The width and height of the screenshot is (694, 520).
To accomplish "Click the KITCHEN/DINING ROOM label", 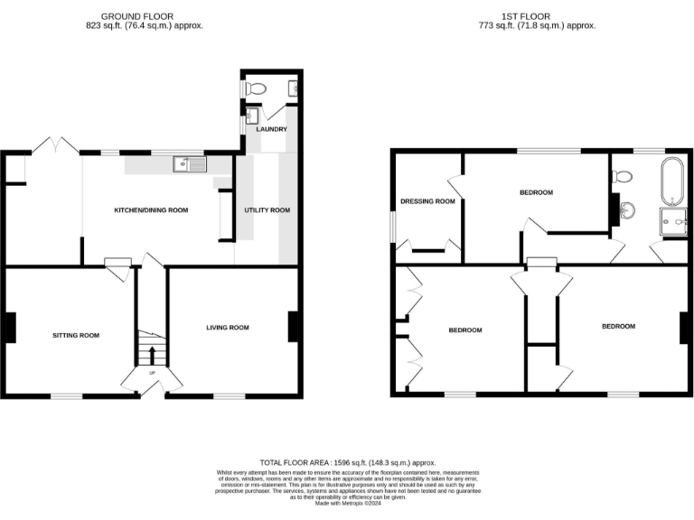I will coord(150,210).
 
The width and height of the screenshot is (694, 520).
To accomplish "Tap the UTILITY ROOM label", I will coord(267,210).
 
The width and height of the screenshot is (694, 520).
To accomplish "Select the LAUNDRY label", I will coord(271,129).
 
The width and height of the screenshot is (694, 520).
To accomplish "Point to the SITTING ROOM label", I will coord(75,335).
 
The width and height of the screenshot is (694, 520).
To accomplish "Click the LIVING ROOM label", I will coord(227,328).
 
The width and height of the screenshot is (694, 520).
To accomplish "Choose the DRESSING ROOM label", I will coord(427,201).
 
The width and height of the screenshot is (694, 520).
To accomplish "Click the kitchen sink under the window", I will coord(192,163).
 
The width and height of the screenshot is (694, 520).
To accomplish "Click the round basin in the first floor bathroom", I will coord(630,210).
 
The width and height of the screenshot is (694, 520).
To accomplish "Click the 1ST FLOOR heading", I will coord(537,16).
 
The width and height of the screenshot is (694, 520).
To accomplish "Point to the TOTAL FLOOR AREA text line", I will coord(347,461).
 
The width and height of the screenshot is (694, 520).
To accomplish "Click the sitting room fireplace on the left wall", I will coord(10,327).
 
